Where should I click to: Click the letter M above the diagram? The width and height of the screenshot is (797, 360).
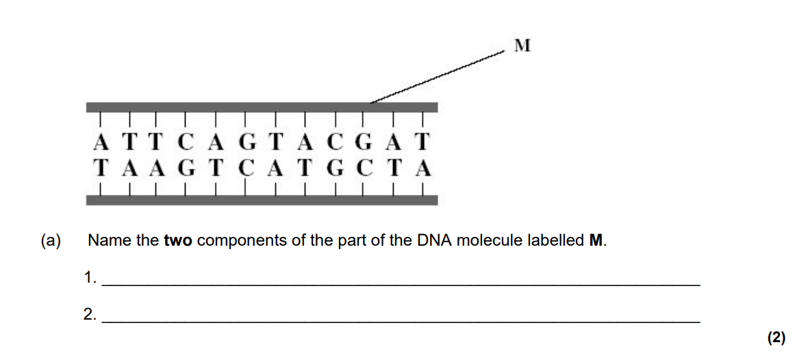click(522, 46)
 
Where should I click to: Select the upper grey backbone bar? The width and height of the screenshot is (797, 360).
click(262, 107)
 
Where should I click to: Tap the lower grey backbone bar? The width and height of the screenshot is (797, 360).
click(262, 200)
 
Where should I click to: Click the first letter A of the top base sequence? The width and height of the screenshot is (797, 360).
click(101, 142)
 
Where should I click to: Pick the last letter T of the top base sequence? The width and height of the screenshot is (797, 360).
click(422, 142)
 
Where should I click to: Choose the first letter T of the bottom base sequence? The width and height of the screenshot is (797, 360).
click(101, 168)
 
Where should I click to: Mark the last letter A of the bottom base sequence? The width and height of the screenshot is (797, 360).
click(423, 168)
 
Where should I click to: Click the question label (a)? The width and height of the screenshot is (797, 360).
click(51, 240)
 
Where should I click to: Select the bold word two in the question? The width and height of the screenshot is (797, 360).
click(178, 240)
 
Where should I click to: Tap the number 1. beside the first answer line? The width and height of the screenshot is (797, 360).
click(90, 277)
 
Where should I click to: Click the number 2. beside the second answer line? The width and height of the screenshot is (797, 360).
click(90, 314)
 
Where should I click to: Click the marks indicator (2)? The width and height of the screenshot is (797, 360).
click(776, 337)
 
